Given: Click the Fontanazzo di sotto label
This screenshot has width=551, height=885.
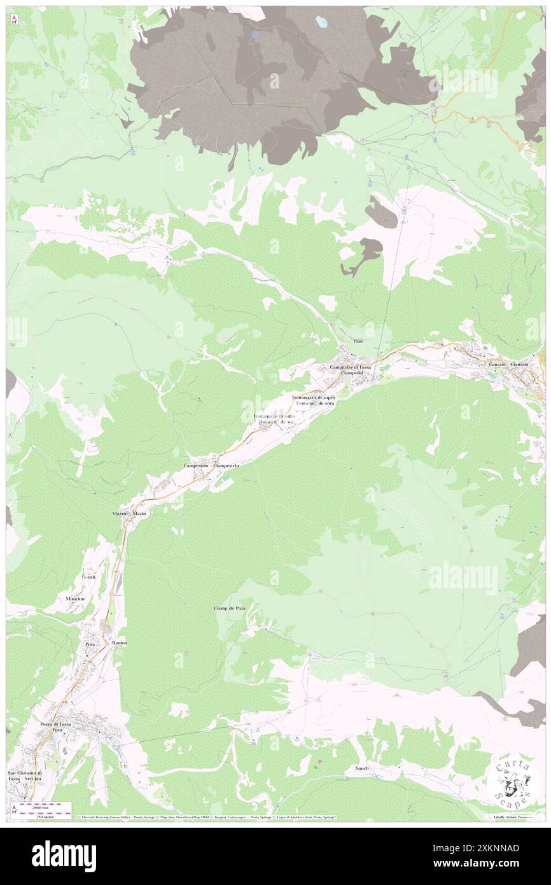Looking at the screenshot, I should point(274,416).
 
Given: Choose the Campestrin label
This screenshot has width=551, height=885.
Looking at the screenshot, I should point(196,466).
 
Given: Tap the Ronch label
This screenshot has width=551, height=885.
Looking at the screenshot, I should point(88,577).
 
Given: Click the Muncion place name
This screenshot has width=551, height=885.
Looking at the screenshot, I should point(75,599).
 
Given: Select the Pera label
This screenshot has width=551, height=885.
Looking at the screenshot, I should point(90,644).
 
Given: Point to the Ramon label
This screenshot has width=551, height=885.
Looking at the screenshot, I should point(120,643).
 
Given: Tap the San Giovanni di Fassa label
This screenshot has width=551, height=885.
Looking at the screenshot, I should point(25,775).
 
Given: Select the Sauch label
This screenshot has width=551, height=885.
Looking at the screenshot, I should point(361,768).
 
